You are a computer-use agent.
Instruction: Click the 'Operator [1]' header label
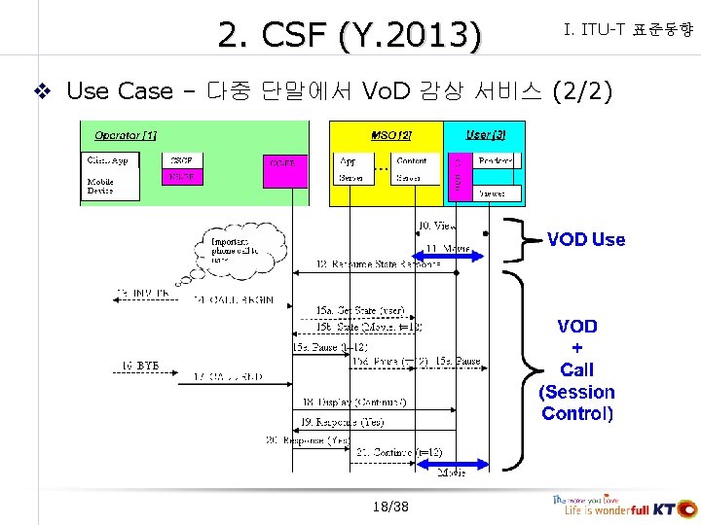pos(126,133)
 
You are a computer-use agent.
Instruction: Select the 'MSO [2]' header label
pos(391,133)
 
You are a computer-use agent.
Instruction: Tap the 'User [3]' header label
pos(485,133)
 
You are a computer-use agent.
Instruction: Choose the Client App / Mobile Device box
pos(110,175)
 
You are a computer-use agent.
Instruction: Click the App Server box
pos(350,169)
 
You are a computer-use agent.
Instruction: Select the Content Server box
pos(412,169)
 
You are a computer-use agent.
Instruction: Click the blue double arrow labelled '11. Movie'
pos(450,257)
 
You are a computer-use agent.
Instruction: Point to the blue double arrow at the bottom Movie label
pos(450,464)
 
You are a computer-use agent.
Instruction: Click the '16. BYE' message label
pos(140,366)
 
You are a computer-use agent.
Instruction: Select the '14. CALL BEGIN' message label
pos(233,299)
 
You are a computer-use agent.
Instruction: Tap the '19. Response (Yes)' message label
pos(342,421)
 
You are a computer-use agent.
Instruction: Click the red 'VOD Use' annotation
pos(585,239)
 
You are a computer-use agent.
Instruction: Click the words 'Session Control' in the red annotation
pos(577,402)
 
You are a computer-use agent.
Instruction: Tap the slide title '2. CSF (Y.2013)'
pos(350,36)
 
